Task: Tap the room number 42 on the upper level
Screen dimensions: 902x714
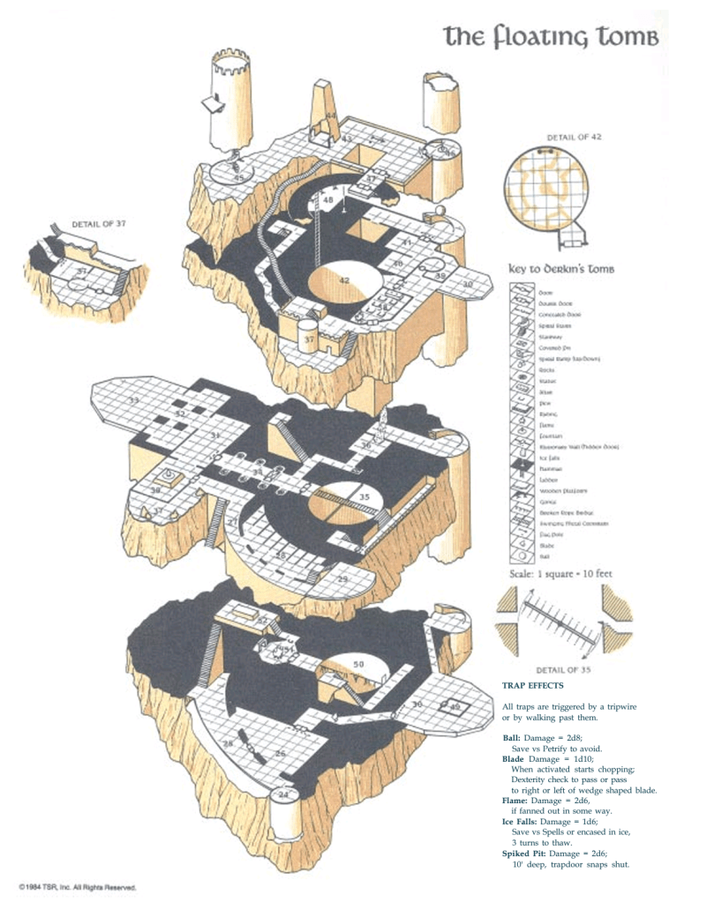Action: [344, 280]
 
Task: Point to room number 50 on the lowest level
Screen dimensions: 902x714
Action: [358, 663]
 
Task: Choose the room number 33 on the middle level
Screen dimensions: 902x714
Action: [134, 401]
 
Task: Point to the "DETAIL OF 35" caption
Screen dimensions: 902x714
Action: [562, 667]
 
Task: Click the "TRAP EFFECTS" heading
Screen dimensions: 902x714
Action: [531, 684]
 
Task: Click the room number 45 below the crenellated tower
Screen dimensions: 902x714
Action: [238, 178]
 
